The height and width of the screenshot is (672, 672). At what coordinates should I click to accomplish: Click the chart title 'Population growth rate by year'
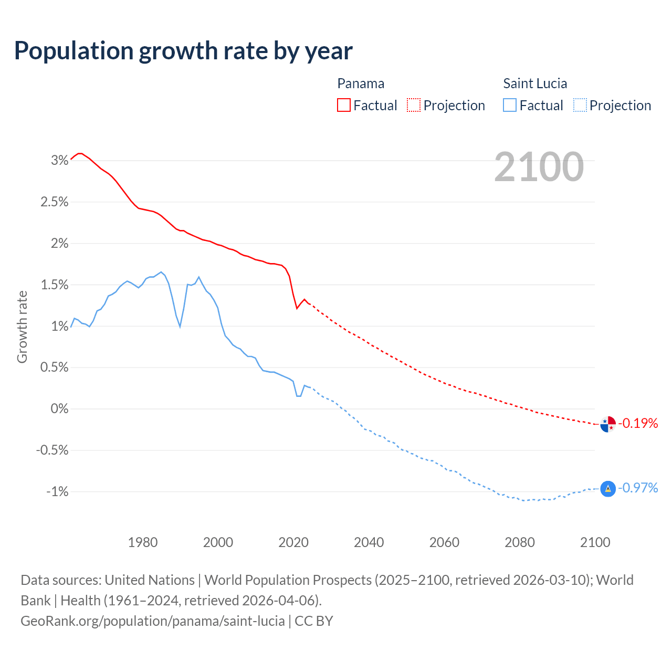coord(183,51)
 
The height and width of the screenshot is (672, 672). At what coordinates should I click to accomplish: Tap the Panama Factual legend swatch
coord(344,105)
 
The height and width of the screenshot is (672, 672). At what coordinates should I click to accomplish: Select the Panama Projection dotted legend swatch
coord(414,105)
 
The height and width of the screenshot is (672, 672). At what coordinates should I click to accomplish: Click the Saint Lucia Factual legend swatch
coord(510,105)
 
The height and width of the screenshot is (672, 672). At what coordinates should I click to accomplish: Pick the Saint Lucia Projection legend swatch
coord(580,105)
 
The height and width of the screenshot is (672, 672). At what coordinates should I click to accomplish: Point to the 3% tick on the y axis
coord(59,161)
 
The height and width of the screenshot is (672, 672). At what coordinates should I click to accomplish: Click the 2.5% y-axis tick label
coord(55,202)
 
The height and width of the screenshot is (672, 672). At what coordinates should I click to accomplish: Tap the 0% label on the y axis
coord(59,408)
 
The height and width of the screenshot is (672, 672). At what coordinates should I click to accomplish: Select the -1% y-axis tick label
coord(57,491)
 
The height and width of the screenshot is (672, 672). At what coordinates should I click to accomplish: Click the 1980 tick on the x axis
coord(143,542)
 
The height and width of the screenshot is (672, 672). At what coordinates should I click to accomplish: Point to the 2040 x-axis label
coord(369,542)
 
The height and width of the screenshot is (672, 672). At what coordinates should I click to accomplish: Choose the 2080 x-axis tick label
coord(520,542)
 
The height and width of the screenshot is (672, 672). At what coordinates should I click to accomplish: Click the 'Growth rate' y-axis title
coord(22,327)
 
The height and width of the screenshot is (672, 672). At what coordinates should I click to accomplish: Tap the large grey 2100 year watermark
coord(539,167)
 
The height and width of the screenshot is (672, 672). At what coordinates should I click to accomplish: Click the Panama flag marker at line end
coord(608,424)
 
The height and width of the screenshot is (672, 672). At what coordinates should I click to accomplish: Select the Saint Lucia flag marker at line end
coord(608,489)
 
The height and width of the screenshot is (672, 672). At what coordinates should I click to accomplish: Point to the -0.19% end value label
coord(638,423)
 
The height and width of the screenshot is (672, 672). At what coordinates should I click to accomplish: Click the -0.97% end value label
coord(638,488)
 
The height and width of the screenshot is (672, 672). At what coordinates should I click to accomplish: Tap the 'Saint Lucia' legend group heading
coord(535,83)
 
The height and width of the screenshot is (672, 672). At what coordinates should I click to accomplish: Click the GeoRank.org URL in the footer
coord(153,621)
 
